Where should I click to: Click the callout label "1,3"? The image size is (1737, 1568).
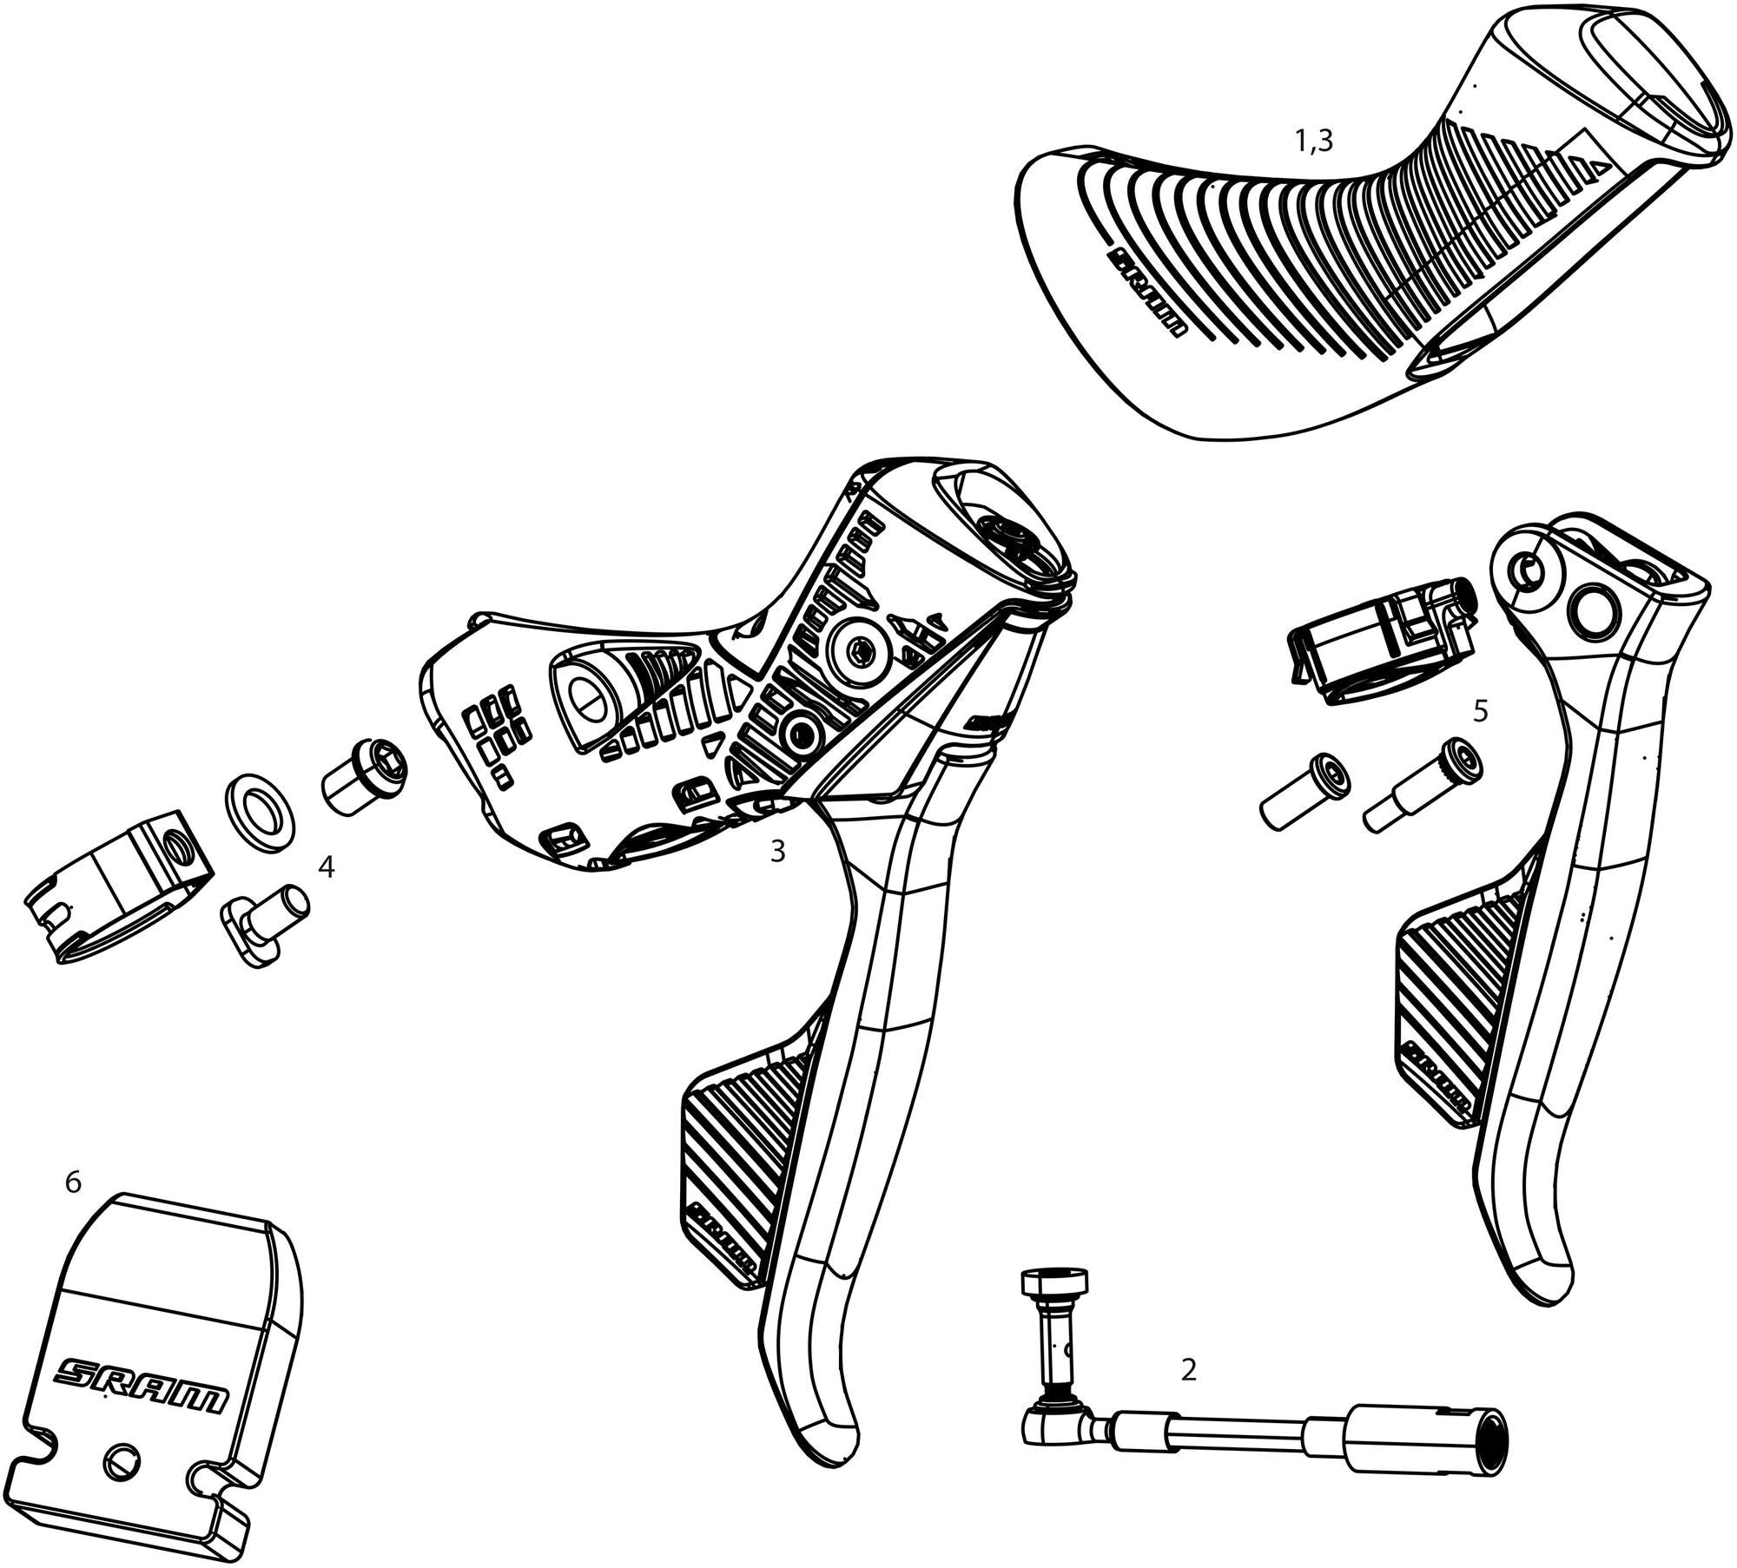1313,141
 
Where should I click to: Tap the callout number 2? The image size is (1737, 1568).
1189,1369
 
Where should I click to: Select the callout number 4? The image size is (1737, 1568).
326,866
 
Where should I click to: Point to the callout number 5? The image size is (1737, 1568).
1481,712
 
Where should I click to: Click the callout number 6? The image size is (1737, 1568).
73,1183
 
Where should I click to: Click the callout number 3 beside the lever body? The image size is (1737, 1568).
777,852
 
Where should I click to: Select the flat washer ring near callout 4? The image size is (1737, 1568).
261,802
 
